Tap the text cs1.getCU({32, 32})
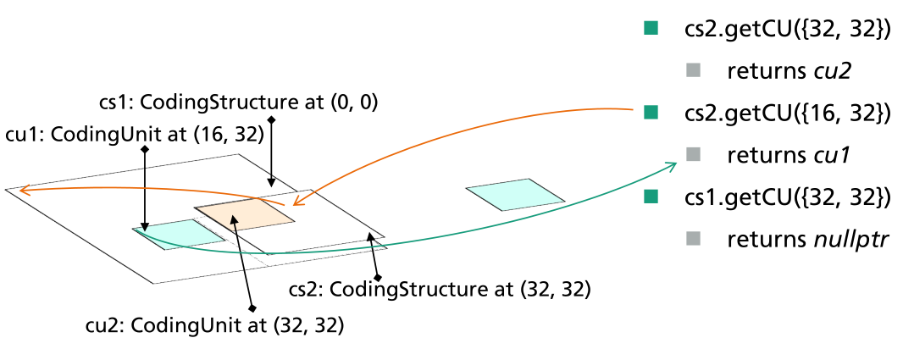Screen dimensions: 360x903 [787, 197]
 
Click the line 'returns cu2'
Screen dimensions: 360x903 [788, 71]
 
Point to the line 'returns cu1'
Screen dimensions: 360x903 [788, 155]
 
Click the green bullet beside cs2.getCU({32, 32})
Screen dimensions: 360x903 [651, 29]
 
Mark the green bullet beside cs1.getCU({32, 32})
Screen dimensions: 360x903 [651, 197]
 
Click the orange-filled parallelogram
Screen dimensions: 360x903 [244, 215]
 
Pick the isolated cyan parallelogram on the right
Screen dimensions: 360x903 [514, 194]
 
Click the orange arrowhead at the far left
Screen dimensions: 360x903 [23, 191]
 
